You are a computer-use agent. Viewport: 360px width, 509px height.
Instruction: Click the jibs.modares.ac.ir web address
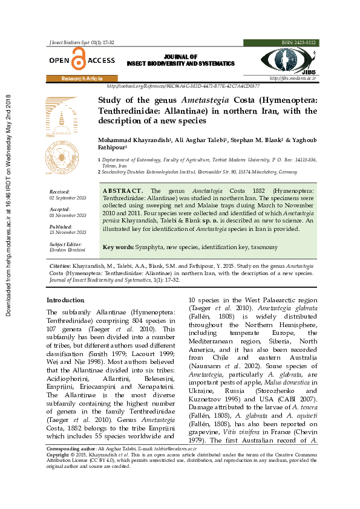coord(292,79)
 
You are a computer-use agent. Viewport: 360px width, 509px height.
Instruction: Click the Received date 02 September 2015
coord(68,198)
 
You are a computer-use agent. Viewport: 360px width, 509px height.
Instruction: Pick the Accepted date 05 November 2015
coord(68,215)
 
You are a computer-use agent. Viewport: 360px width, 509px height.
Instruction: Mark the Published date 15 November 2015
coord(68,232)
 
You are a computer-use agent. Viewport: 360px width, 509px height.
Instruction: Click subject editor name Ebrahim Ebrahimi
coord(67,249)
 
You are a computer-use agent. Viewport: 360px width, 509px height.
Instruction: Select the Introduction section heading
coord(66,300)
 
